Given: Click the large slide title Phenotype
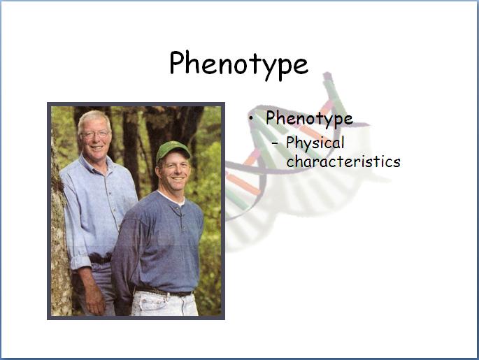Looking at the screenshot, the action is [239, 65].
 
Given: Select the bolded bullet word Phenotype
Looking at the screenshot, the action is [309, 118].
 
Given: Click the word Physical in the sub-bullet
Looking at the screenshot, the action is [315, 143].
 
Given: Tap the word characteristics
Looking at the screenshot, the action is [343, 161].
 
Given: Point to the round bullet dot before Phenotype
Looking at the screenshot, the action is [251, 118].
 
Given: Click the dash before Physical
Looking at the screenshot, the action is [275, 143].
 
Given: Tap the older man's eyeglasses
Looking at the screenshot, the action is [94, 134].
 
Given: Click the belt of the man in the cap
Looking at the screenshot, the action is [164, 291].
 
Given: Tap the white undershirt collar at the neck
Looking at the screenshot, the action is [172, 198].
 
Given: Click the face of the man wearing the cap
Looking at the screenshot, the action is [173, 171].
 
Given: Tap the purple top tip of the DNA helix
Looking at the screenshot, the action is [327, 75].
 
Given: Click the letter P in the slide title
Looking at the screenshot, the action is [177, 63].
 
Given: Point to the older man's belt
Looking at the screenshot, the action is [100, 259].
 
